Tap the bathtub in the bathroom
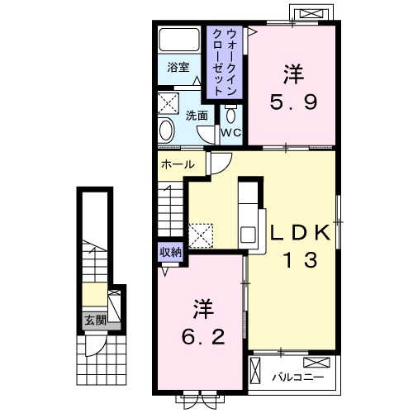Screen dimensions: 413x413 coord(179,42)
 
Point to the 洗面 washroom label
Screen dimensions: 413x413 coord(196,116)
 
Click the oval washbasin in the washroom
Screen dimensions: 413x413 coord(166,131)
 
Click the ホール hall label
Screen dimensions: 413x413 coord(178,164)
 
